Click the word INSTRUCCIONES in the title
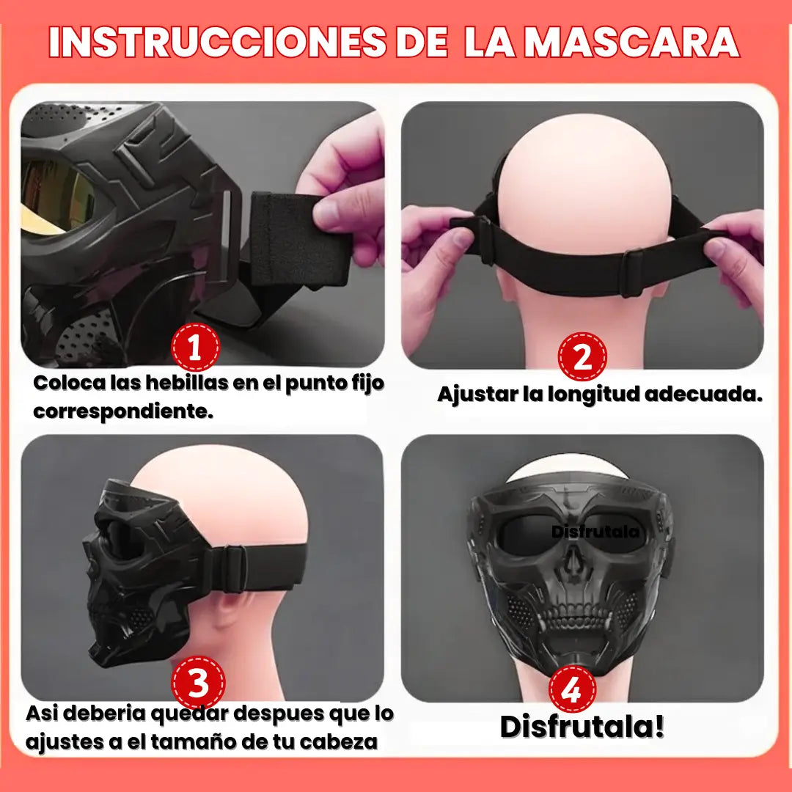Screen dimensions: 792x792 218,41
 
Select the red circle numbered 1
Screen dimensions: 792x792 195,348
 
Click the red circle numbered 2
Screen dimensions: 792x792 582,356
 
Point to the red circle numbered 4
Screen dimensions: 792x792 573,689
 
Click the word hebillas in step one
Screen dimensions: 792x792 187,383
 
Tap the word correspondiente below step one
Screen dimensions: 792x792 123,411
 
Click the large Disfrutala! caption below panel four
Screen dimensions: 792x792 582,726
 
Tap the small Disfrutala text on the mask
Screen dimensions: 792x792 595,532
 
